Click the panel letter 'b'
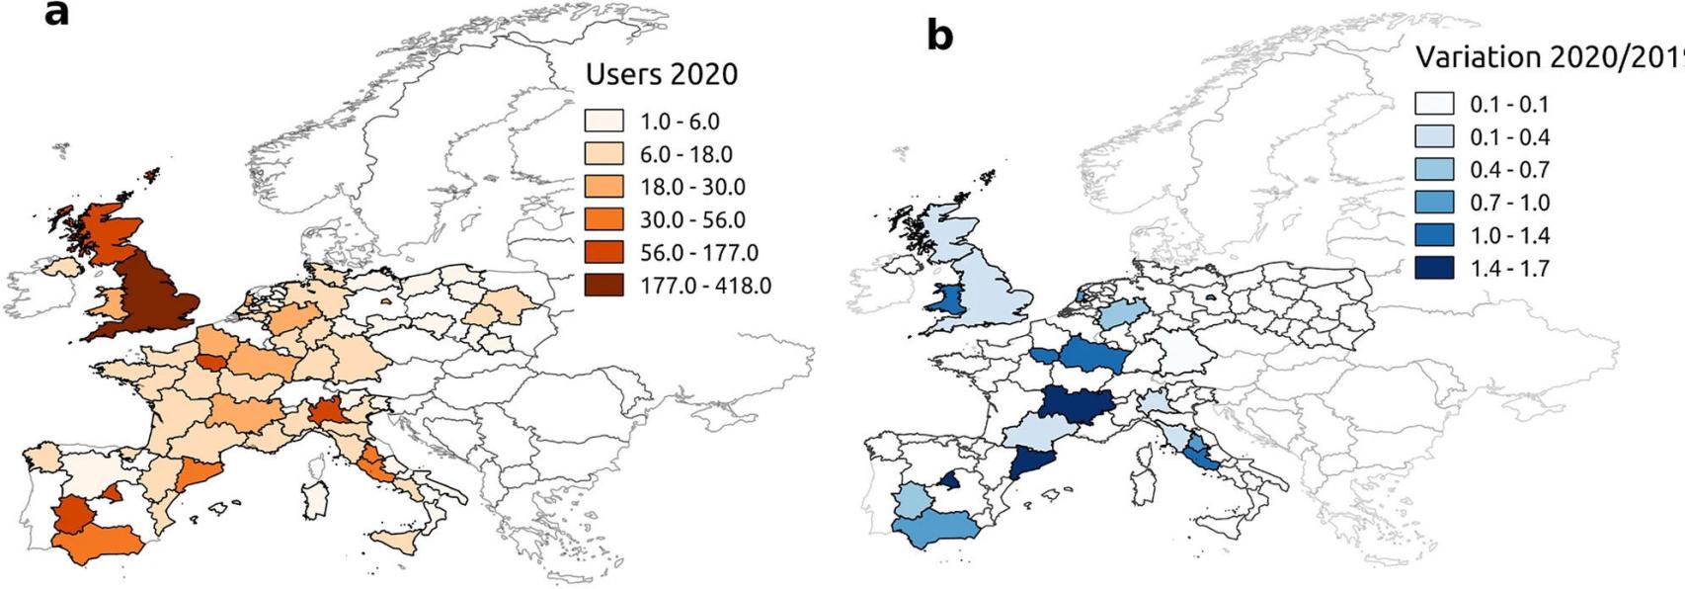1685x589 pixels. pyautogui.click(x=939, y=36)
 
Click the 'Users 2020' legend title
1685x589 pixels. pyautogui.click(x=661, y=74)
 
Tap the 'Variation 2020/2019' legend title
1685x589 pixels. pyautogui.click(x=1548, y=57)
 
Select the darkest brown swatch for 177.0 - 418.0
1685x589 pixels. pyautogui.click(x=603, y=286)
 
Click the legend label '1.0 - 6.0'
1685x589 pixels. pyautogui.click(x=680, y=122)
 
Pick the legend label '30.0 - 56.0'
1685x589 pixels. pyautogui.click(x=692, y=220)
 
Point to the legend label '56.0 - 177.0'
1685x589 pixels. pyautogui.click(x=698, y=253)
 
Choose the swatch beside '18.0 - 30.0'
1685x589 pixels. pyautogui.click(x=603, y=187)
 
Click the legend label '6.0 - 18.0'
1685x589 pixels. pyautogui.click(x=685, y=154)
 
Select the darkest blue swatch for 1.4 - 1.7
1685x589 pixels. pyautogui.click(x=1433, y=269)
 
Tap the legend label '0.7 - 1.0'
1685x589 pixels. pyautogui.click(x=1509, y=203)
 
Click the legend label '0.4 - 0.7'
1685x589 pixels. pyautogui.click(x=1509, y=170)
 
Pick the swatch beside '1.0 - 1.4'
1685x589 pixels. pyautogui.click(x=1433, y=235)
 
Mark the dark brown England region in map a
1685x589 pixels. pyautogui.click(x=148, y=296)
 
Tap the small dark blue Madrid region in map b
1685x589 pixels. pyautogui.click(x=949, y=481)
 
